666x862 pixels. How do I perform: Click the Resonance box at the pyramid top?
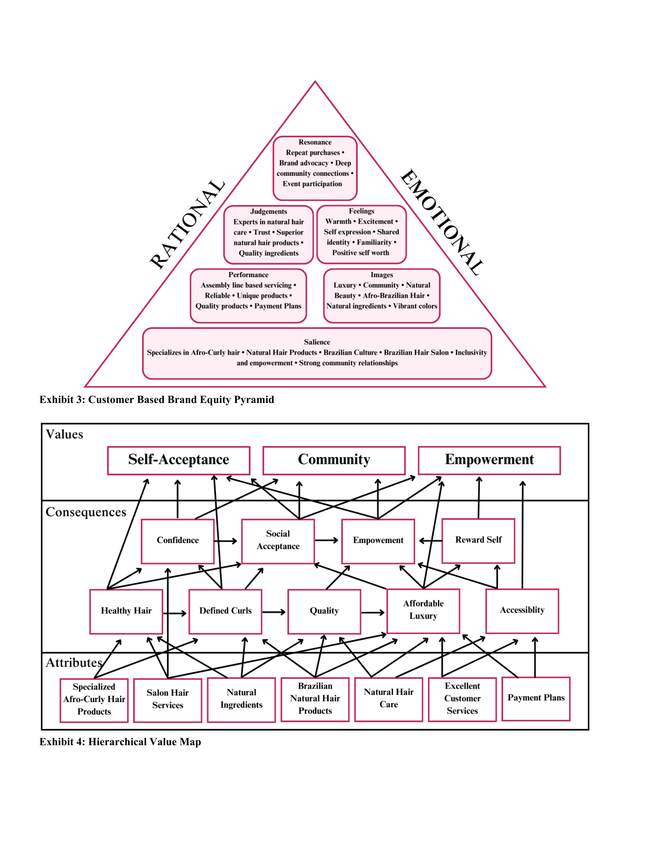[315, 168]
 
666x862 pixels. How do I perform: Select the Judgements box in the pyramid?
[268, 234]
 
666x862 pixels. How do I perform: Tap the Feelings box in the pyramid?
[361, 234]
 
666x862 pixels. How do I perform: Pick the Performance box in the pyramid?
[248, 295]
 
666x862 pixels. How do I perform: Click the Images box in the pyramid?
[381, 295]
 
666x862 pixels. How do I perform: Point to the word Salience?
[317, 342]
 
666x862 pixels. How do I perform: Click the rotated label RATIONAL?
[187, 224]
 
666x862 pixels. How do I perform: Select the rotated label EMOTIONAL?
[442, 222]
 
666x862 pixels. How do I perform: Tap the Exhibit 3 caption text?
[156, 400]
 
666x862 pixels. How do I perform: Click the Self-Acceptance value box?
[178, 460]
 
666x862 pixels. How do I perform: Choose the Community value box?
[334, 460]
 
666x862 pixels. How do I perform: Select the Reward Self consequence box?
[478, 540]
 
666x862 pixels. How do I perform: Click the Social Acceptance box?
[278, 540]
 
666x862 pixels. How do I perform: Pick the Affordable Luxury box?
[423, 610]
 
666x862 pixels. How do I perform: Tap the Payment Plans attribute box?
[536, 698]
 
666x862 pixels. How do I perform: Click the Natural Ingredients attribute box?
[241, 699]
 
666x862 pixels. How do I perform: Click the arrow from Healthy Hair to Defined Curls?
[175, 613]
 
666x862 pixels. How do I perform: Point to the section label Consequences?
[86, 512]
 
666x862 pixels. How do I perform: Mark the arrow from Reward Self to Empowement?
[430, 540]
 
